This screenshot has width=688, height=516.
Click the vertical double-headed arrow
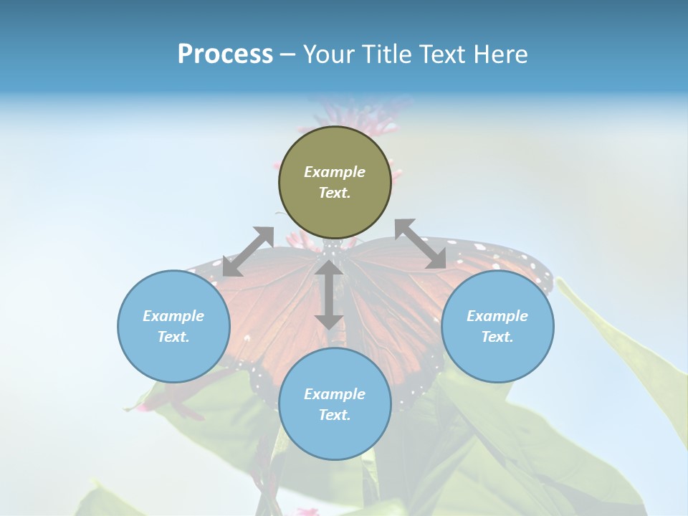(329, 295)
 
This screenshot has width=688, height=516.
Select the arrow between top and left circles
(248, 252)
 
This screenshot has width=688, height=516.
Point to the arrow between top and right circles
(420, 244)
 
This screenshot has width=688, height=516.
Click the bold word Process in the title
(225, 54)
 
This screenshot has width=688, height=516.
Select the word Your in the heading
(327, 54)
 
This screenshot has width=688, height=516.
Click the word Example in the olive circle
(335, 172)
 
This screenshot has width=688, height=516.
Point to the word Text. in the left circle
(173, 337)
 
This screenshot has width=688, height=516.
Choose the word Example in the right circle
(497, 316)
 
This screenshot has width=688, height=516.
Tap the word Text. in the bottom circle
(335, 415)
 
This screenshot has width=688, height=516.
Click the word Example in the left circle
(173, 316)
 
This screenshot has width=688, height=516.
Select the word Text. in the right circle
(497, 337)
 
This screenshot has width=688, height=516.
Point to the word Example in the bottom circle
(335, 394)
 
